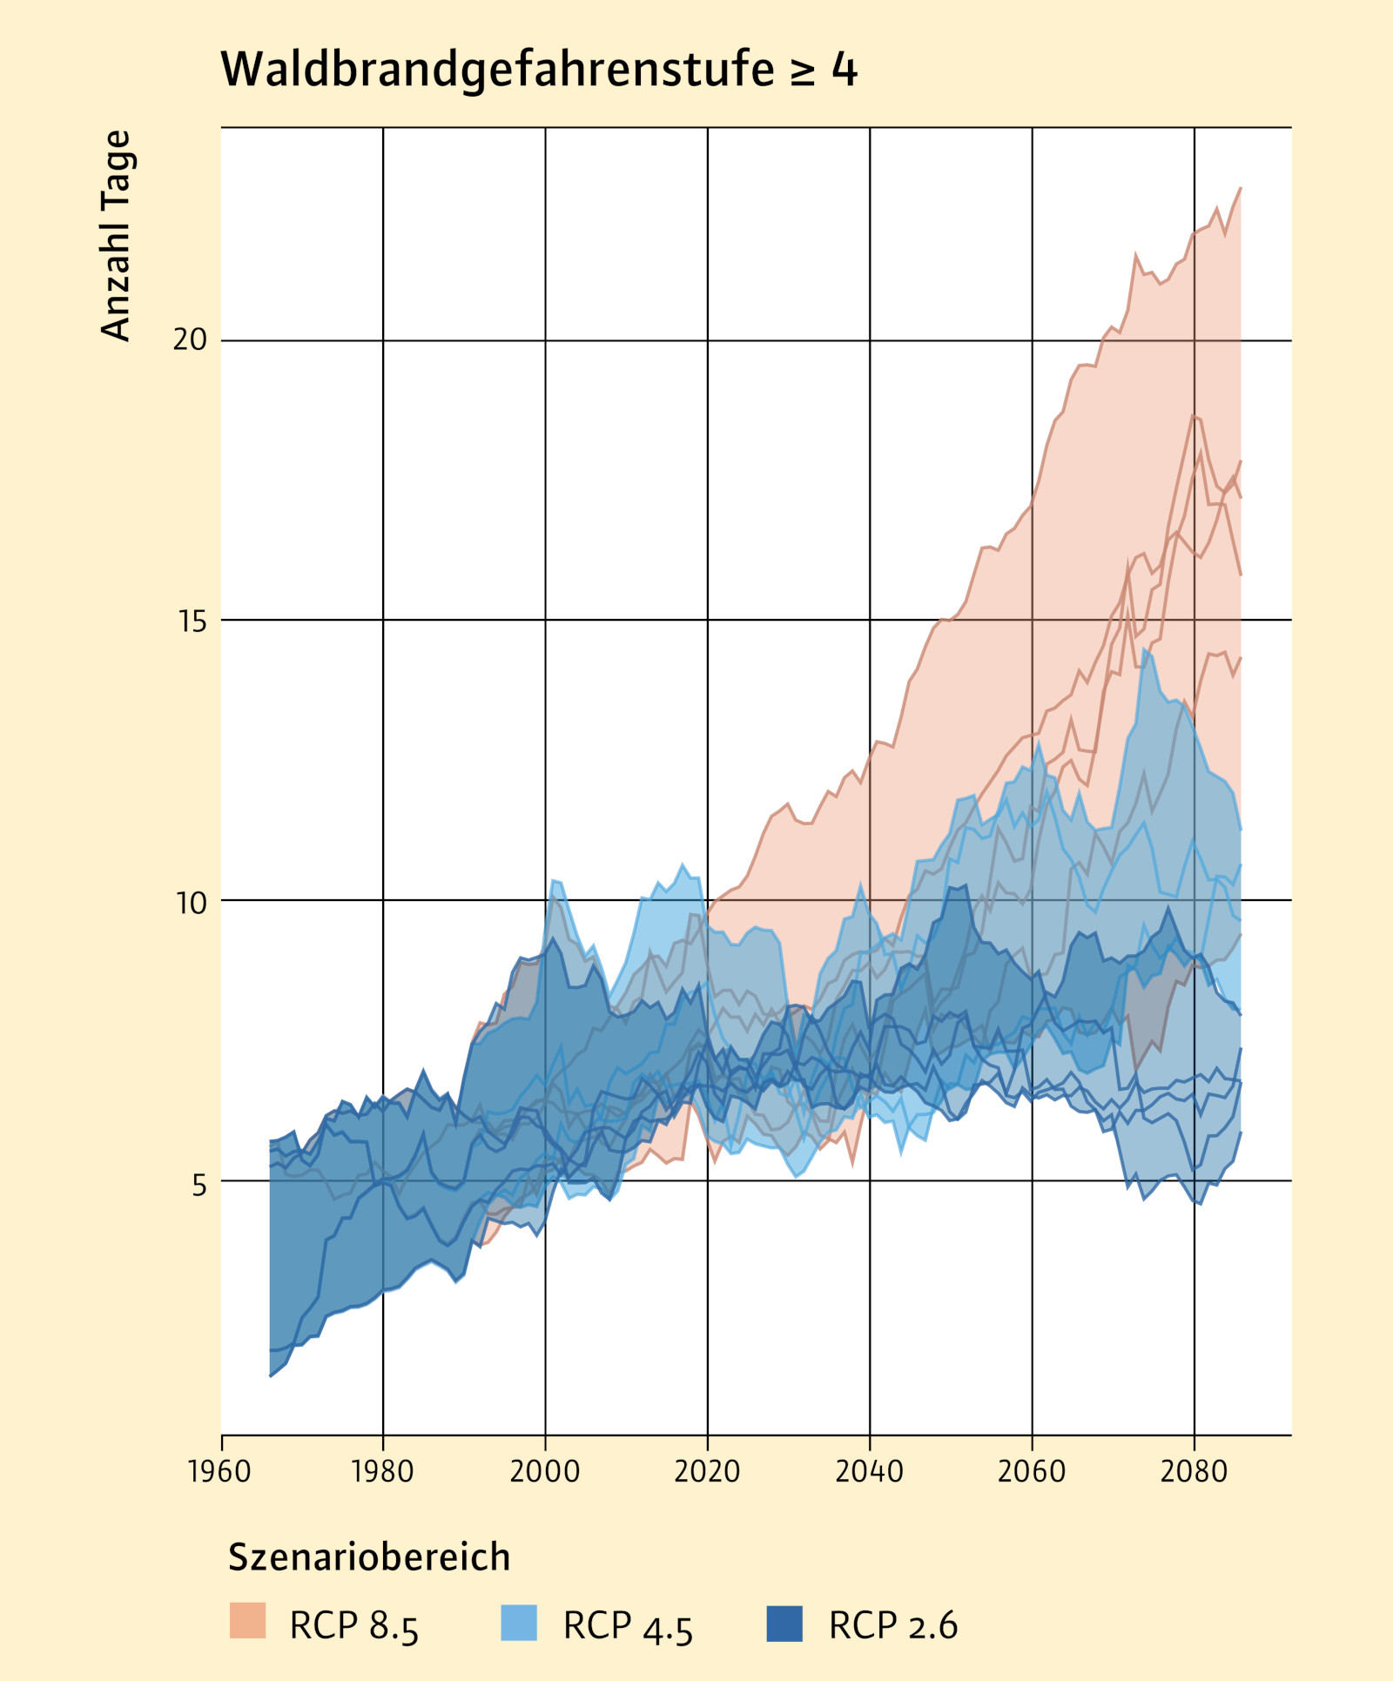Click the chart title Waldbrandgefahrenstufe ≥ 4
539,70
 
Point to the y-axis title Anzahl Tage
116,235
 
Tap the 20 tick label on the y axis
190,340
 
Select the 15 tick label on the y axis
190,622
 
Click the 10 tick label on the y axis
190,903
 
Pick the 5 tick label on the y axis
199,1184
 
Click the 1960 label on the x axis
219,1471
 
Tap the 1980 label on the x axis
382,1471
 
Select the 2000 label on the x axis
545,1471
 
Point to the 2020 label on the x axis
707,1471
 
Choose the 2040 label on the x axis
869,1471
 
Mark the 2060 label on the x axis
1032,1471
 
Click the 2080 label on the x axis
1194,1471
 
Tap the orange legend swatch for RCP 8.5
247,1620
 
